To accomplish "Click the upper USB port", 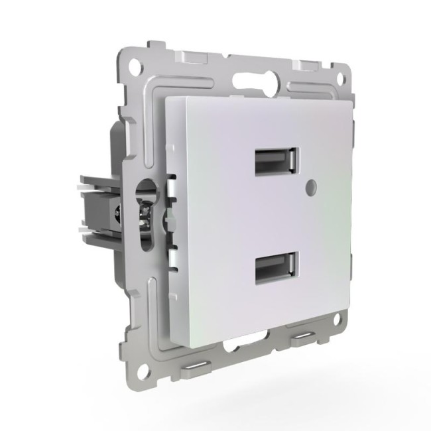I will tap(275, 162).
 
